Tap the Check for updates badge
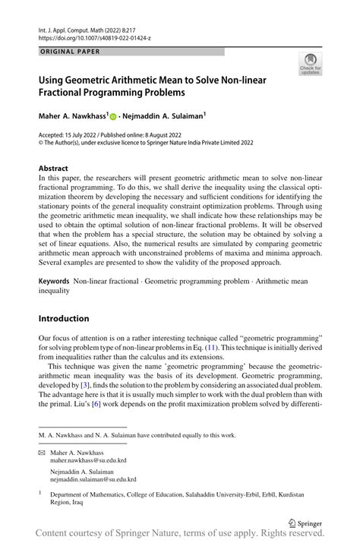(x=310, y=65)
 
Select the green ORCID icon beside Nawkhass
(x=113, y=118)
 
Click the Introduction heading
(x=64, y=318)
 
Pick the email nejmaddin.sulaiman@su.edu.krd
(x=93, y=479)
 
